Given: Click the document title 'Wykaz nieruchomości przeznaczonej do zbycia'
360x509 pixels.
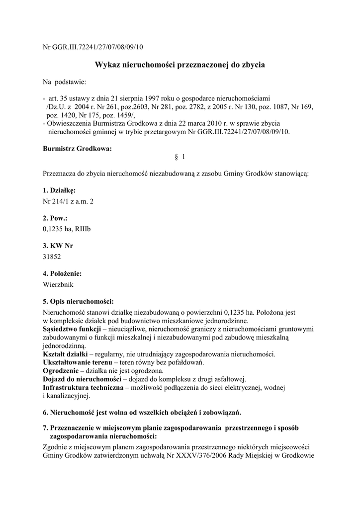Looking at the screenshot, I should click(x=180, y=65).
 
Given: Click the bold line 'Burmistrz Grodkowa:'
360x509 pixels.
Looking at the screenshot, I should click(x=77, y=149).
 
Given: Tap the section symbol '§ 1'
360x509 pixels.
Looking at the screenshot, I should click(x=180, y=157).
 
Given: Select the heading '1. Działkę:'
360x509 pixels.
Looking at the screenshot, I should click(x=59, y=190).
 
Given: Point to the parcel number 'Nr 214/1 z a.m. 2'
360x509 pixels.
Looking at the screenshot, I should click(x=68, y=201).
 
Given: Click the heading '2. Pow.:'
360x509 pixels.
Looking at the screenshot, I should click(x=55, y=218).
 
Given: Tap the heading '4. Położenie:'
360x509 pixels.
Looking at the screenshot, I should click(x=62, y=273).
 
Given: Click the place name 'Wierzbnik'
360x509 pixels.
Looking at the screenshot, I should click(x=58, y=284).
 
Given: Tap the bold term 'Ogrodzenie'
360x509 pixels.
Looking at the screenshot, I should click(x=61, y=371).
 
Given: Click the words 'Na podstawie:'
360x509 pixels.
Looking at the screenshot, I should click(x=65, y=82).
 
